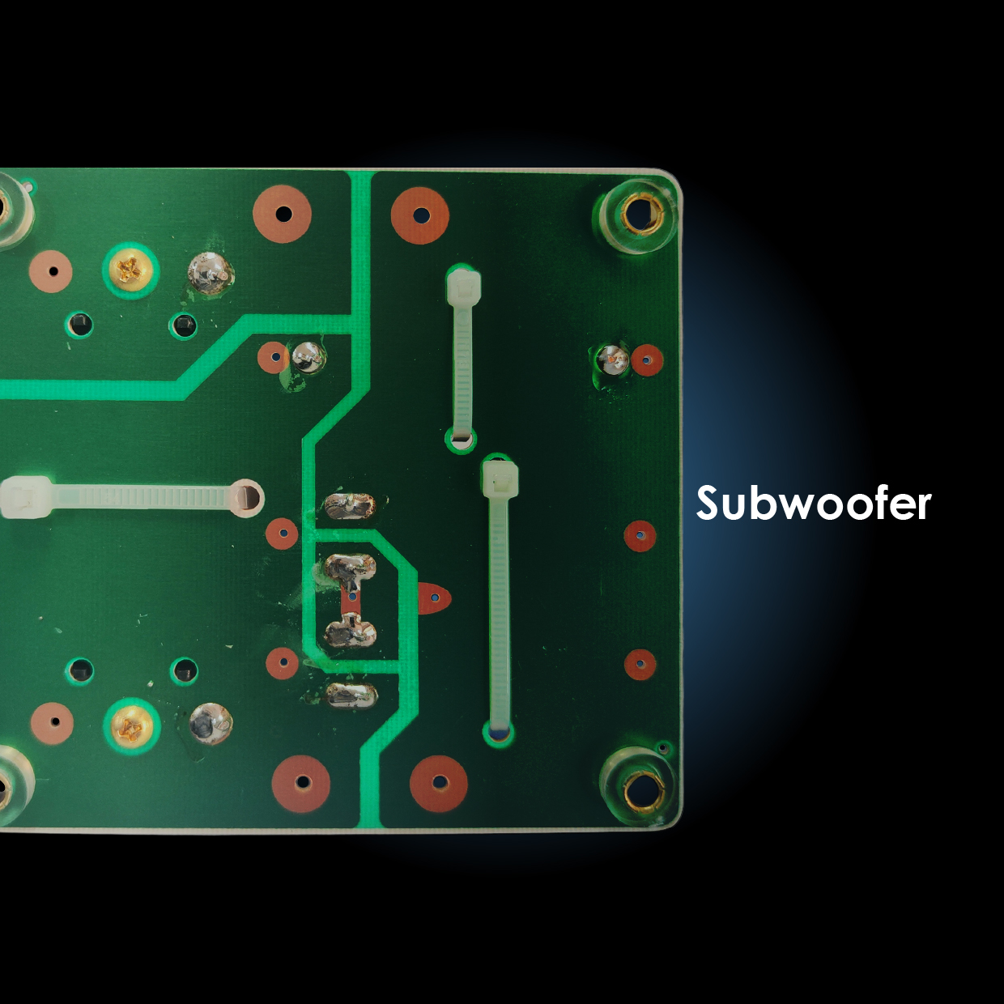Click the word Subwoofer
pyautogui.click(x=813, y=503)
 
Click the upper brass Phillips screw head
pyautogui.click(x=131, y=270)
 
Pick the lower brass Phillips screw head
pyautogui.click(x=131, y=725)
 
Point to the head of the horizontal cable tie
pyautogui.click(x=25, y=497)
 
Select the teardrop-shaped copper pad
pyautogui.click(x=433, y=598)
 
